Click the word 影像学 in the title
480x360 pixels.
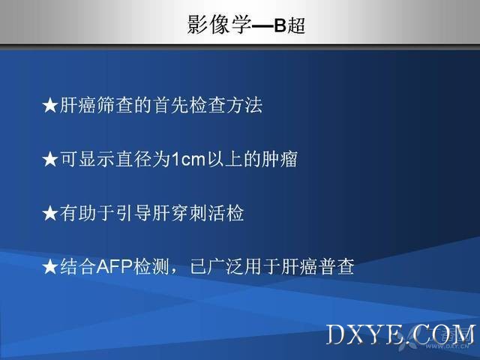click(x=219, y=24)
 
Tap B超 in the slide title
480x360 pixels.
click(x=289, y=25)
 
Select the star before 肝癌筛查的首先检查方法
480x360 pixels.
click(x=49, y=106)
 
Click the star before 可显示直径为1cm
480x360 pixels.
click(x=49, y=160)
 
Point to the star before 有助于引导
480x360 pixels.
click(x=49, y=213)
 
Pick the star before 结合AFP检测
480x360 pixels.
click(x=49, y=267)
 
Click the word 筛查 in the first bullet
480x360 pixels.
click(x=115, y=106)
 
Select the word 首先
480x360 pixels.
click(x=170, y=106)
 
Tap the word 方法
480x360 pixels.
click(x=244, y=106)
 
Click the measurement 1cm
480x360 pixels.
click(x=188, y=160)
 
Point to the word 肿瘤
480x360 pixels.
click(x=280, y=160)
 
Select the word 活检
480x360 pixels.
click(x=226, y=213)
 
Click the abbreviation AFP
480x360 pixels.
click(x=115, y=267)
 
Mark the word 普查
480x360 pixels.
click(x=337, y=267)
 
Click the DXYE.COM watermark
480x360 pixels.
click(x=401, y=334)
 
